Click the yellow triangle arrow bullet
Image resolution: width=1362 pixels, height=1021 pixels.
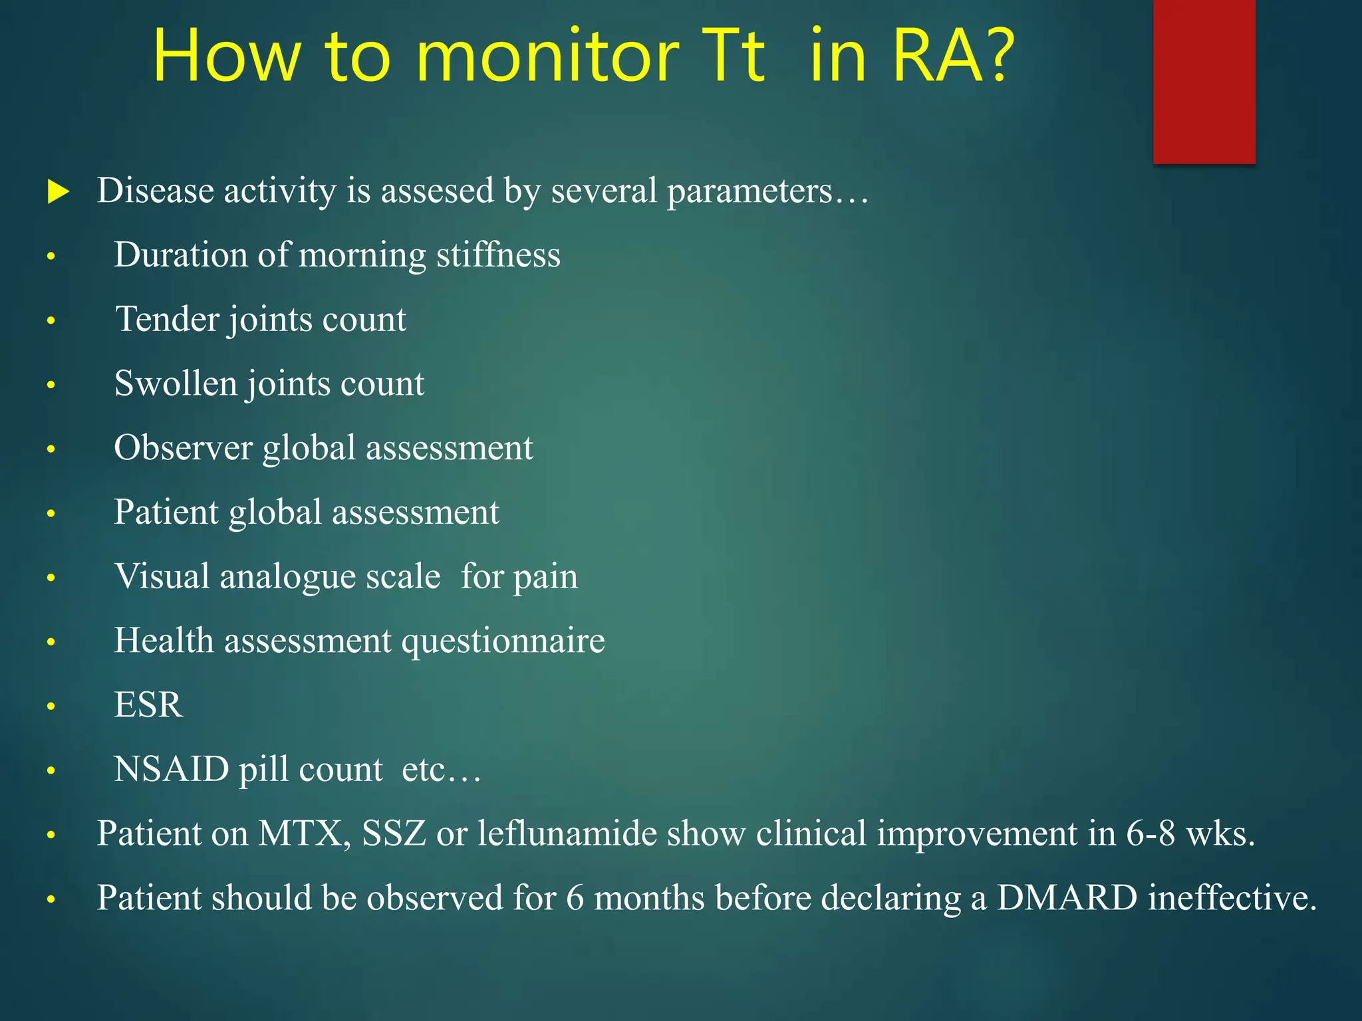point(59,193)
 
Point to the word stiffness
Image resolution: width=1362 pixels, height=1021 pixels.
point(498,255)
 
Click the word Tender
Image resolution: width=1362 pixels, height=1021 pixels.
point(168,319)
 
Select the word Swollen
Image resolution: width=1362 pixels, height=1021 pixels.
point(176,384)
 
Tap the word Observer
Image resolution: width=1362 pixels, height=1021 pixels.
point(183,448)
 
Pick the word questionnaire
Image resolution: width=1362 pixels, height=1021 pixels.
point(503,641)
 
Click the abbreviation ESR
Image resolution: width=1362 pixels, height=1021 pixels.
point(148,705)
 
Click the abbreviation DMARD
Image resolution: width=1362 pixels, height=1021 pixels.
point(1067,898)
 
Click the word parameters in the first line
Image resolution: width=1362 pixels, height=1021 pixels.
point(749,191)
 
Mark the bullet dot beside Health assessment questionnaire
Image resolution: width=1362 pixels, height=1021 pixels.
point(51,642)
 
